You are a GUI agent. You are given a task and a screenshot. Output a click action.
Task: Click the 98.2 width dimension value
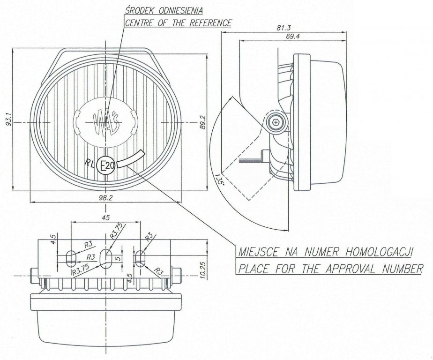coord(105,197)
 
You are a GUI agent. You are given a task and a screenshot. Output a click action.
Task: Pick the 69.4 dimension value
coord(291,36)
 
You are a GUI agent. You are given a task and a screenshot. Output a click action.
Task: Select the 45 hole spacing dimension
coord(106,217)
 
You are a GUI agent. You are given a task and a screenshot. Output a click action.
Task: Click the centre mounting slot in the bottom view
coord(106,258)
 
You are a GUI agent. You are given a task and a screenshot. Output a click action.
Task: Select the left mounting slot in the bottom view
coord(71,257)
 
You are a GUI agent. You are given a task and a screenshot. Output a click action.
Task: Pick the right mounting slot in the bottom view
coord(141,257)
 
